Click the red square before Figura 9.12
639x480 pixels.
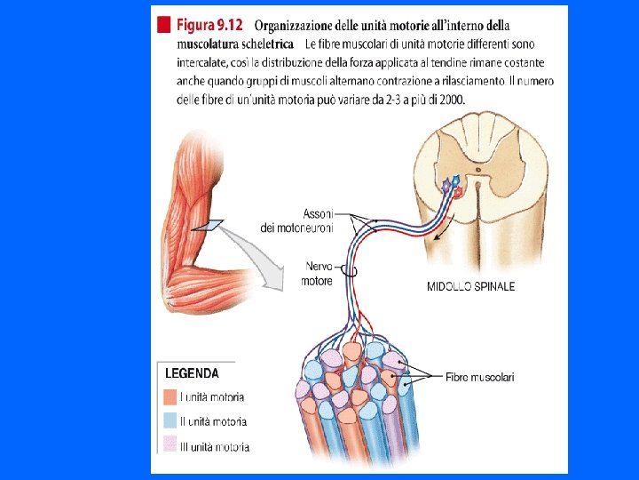163,25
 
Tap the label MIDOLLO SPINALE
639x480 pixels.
470,287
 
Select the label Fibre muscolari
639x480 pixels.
479,377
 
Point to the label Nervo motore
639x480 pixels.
319,273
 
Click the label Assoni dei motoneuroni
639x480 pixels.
297,221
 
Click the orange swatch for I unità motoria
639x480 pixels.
170,397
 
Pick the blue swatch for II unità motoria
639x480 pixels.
170,421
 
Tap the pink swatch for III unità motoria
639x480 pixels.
170,445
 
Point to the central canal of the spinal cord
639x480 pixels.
477,166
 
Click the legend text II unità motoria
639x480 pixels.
213,421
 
